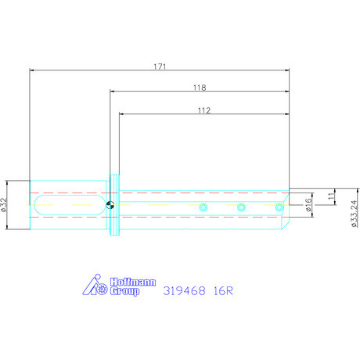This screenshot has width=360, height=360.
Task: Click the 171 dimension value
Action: (x=160, y=67)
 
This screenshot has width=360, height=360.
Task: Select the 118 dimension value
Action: (x=199, y=88)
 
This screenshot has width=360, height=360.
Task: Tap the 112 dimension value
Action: (x=203, y=110)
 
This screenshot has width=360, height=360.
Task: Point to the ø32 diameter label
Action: (x=5, y=204)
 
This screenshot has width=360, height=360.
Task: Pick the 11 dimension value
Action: (x=331, y=198)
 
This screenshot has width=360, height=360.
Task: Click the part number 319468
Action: (x=185, y=290)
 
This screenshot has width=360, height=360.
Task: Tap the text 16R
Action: (x=224, y=290)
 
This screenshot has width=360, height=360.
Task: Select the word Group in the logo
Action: (x=124, y=291)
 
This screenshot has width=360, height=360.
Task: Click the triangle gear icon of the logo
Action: (x=98, y=286)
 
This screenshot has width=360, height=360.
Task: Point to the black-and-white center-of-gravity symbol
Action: (x=110, y=206)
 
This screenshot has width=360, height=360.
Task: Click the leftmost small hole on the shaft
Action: (x=203, y=207)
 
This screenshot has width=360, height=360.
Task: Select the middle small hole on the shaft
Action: (x=241, y=207)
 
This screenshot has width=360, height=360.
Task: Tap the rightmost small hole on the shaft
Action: (x=279, y=207)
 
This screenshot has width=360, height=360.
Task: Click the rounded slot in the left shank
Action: (x=70, y=206)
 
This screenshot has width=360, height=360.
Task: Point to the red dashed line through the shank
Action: (x=70, y=193)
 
